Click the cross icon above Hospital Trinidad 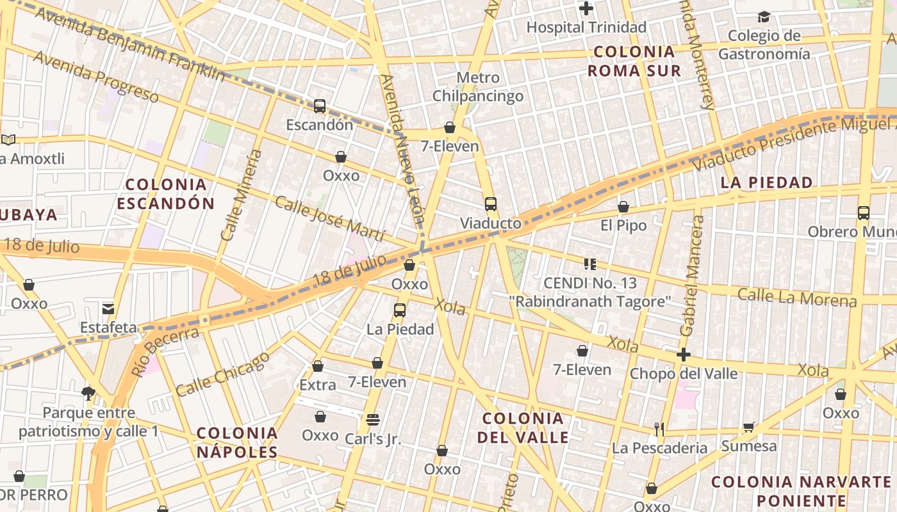pos(586,9)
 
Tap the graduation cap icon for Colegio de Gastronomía pos(764,17)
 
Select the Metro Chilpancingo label pos(478,87)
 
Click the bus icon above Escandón pos(320,106)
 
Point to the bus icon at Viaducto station pos(491,205)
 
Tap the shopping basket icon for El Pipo pos(623,207)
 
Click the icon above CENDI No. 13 pos(590,264)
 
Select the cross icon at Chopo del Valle pos(684,355)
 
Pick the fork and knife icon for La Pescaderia pos(659,429)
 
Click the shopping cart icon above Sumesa pos(748,427)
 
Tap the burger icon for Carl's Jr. pos(373,420)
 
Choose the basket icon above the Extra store pos(318,366)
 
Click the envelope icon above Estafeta pos(108,309)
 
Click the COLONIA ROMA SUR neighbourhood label pos(634,61)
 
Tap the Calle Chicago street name pos(223,374)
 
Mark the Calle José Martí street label pos(329,219)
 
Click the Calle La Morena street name pos(796,298)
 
